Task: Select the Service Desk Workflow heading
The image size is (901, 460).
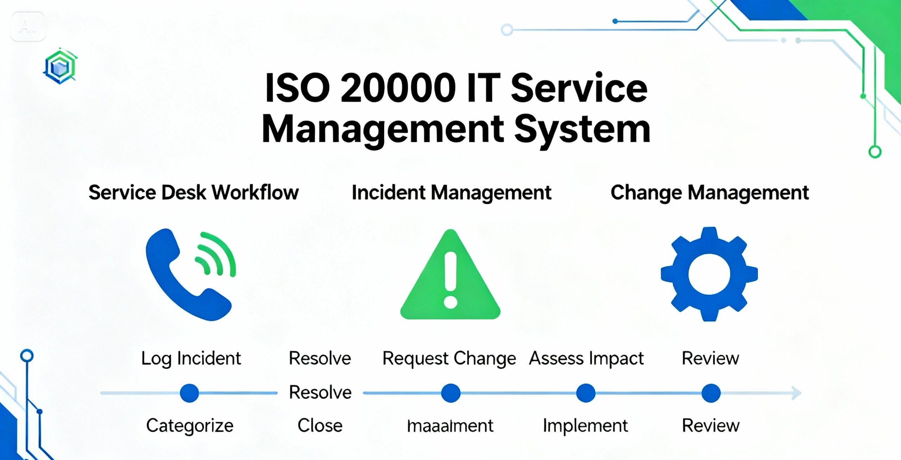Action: [x=193, y=192]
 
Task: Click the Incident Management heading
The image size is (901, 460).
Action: [x=451, y=192]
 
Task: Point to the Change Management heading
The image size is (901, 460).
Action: [x=710, y=192]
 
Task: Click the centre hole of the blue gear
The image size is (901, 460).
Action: [x=709, y=274]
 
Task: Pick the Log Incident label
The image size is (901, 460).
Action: [x=191, y=358]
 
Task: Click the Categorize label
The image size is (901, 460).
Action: [x=190, y=425]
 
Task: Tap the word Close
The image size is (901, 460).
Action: [x=320, y=425]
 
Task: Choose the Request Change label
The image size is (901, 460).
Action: [x=449, y=358]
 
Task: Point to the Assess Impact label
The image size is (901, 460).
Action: [x=586, y=358]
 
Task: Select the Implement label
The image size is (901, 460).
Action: [x=585, y=425]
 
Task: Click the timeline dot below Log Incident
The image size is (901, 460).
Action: [x=189, y=393]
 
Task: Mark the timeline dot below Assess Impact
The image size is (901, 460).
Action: [x=586, y=393]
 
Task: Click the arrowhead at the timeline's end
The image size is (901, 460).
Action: [x=796, y=393]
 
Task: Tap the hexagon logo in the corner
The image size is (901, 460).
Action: [x=60, y=66]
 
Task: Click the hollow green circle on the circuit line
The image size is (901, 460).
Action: [x=875, y=152]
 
